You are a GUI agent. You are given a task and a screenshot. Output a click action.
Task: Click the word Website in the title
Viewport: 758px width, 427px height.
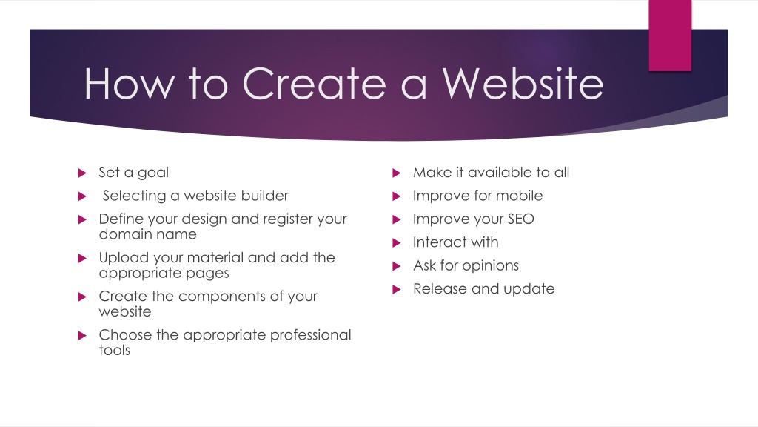click(523, 84)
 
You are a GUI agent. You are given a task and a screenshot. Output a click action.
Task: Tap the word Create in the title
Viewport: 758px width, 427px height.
click(314, 84)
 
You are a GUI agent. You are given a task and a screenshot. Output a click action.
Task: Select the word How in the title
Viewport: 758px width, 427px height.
click(129, 84)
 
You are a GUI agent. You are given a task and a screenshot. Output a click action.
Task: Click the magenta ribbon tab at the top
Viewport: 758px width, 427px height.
click(670, 36)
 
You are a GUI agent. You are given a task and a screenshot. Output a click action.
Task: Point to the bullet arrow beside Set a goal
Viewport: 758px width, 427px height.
click(82, 173)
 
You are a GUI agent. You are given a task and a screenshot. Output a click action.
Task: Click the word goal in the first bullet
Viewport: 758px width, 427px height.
click(152, 173)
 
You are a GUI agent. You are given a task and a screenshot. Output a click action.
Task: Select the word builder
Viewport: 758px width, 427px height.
click(264, 196)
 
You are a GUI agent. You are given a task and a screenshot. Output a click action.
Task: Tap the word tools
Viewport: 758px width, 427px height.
click(115, 351)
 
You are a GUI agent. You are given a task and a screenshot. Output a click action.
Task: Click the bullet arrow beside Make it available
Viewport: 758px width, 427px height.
click(397, 173)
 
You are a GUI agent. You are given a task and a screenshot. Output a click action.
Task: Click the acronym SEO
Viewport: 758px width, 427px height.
click(520, 219)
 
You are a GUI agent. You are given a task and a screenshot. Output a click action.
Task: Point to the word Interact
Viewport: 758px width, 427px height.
click(440, 242)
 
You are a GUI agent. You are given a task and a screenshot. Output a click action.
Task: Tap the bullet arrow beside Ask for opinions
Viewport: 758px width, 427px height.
click(397, 266)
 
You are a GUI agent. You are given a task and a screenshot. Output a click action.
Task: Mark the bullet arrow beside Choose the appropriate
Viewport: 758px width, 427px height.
click(82, 335)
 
